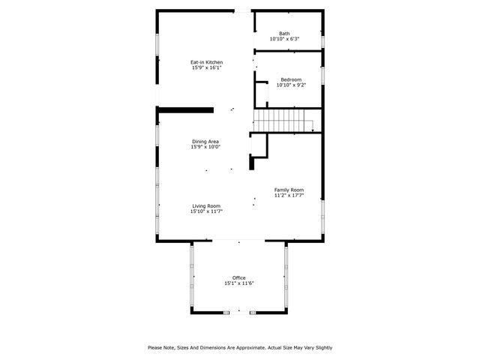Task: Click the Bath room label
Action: pos(284,33)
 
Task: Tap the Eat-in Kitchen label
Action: pos(206,61)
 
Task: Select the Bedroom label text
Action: pos(291,79)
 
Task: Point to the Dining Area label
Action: pos(205,141)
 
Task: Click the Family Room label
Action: pos(289,190)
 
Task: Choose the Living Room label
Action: pos(206,205)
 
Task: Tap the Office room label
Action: pos(238,277)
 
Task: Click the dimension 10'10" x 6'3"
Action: pos(284,39)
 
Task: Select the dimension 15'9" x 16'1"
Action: pos(206,67)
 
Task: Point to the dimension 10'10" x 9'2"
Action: pos(291,85)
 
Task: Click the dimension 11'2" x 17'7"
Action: pos(289,196)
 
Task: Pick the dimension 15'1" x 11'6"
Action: pos(238,283)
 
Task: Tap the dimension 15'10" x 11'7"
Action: pos(206,211)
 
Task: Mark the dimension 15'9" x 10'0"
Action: pos(205,147)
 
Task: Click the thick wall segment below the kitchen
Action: pos(186,109)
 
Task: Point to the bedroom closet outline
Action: pos(262,93)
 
